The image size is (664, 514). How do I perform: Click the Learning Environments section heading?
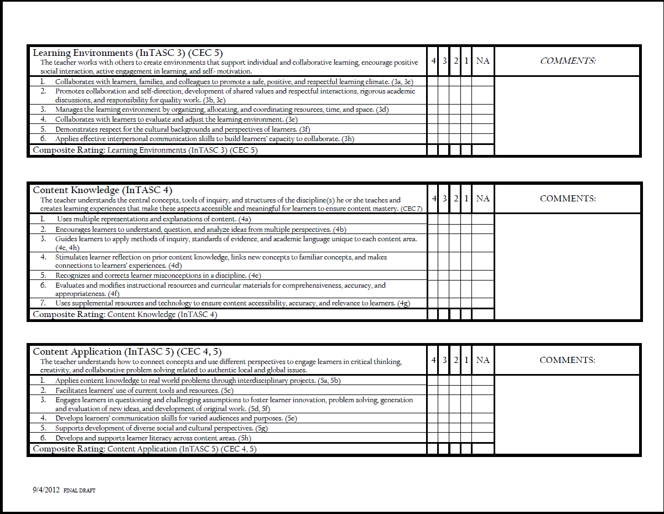click(127, 53)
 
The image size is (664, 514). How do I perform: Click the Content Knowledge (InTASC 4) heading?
click(102, 190)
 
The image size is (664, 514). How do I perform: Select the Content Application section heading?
click(127, 351)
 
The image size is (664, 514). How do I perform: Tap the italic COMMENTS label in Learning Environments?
click(568, 61)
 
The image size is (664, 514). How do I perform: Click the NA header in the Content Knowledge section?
click(483, 199)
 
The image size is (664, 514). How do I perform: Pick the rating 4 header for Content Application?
click(434, 360)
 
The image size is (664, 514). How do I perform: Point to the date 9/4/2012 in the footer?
click(45, 490)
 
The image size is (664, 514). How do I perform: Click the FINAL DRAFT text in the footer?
click(80, 491)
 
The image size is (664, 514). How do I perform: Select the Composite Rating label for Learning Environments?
click(69, 150)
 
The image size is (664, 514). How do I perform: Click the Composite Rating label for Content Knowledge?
click(69, 314)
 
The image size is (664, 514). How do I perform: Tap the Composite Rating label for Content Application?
click(69, 449)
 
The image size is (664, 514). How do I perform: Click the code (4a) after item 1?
click(245, 219)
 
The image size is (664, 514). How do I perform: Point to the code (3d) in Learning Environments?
click(382, 110)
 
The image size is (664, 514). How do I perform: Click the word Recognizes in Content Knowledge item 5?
click(74, 275)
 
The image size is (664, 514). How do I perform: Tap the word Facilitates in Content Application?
click(72, 390)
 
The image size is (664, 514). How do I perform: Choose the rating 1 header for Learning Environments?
click(466, 61)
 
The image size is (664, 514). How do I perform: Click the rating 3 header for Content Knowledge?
click(445, 199)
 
